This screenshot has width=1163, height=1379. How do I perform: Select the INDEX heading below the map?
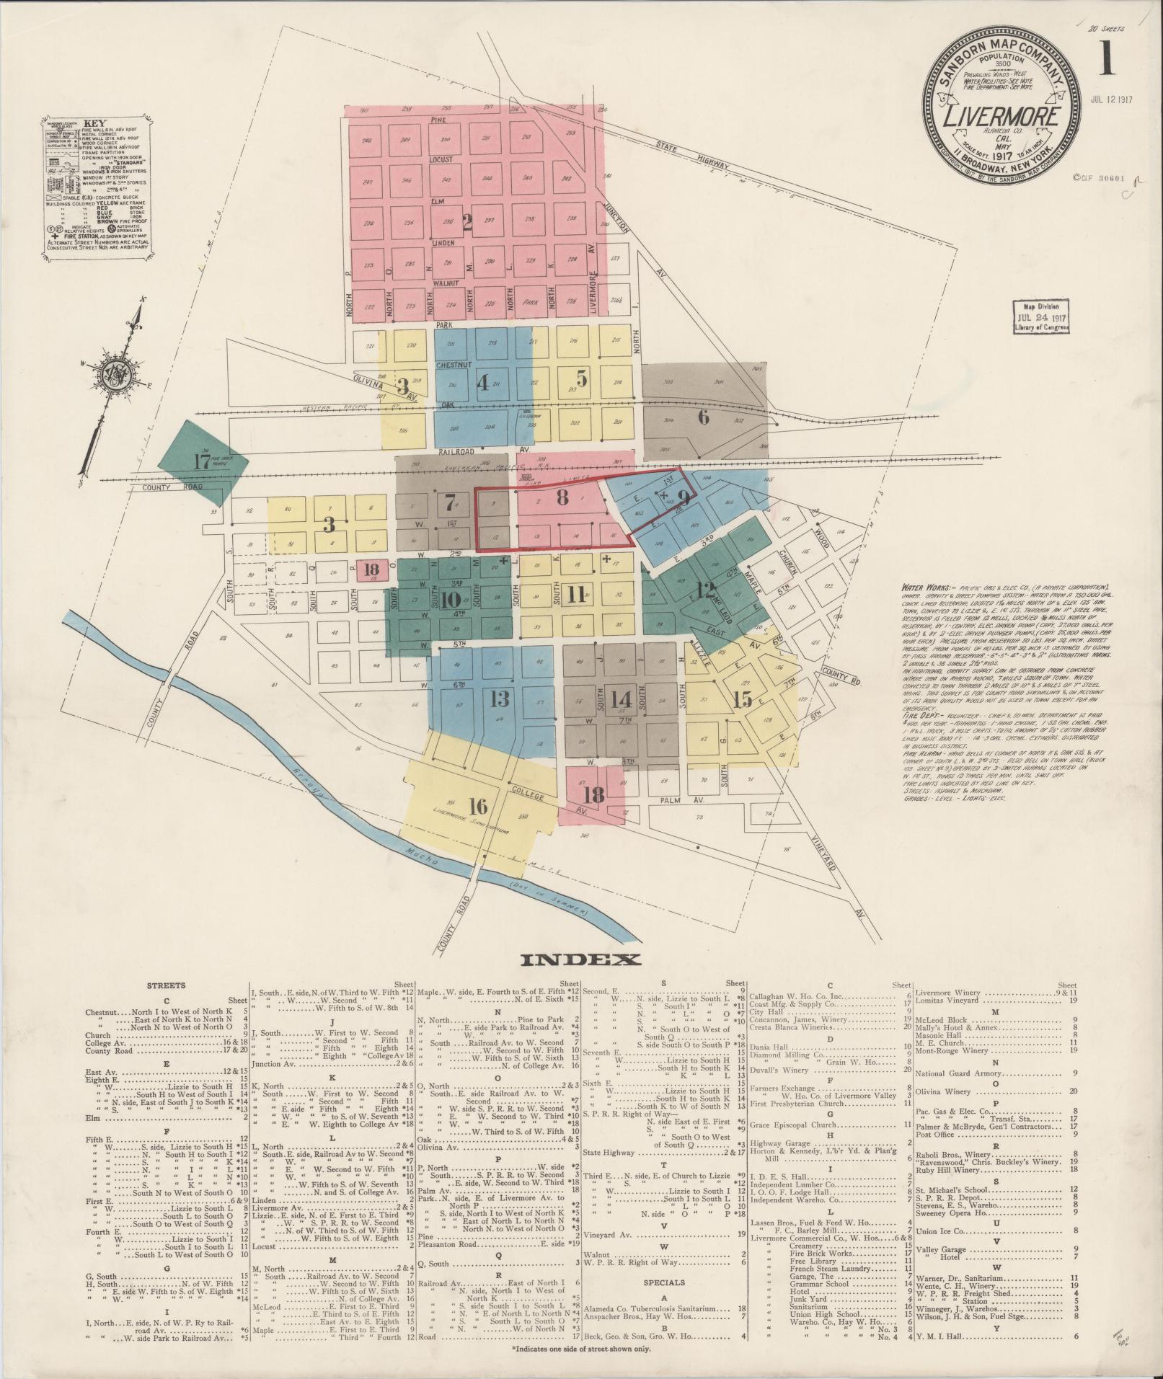(x=580, y=959)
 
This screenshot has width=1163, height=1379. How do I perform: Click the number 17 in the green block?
(x=200, y=462)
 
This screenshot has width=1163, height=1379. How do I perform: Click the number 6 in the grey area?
(x=703, y=417)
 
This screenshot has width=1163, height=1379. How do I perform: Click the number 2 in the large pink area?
(x=466, y=223)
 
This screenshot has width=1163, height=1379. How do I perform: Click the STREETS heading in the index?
(x=165, y=985)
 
